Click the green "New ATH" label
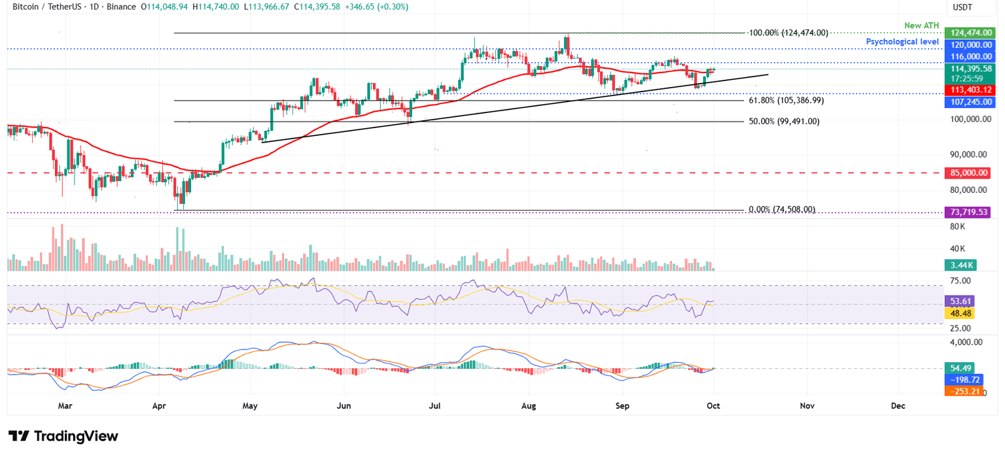coord(922,25)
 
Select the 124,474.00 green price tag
coord(970,33)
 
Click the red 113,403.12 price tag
coord(970,90)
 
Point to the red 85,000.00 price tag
coord(970,173)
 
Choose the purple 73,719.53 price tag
coord(970,212)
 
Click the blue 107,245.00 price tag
coord(970,102)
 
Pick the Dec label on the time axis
coord(898,406)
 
